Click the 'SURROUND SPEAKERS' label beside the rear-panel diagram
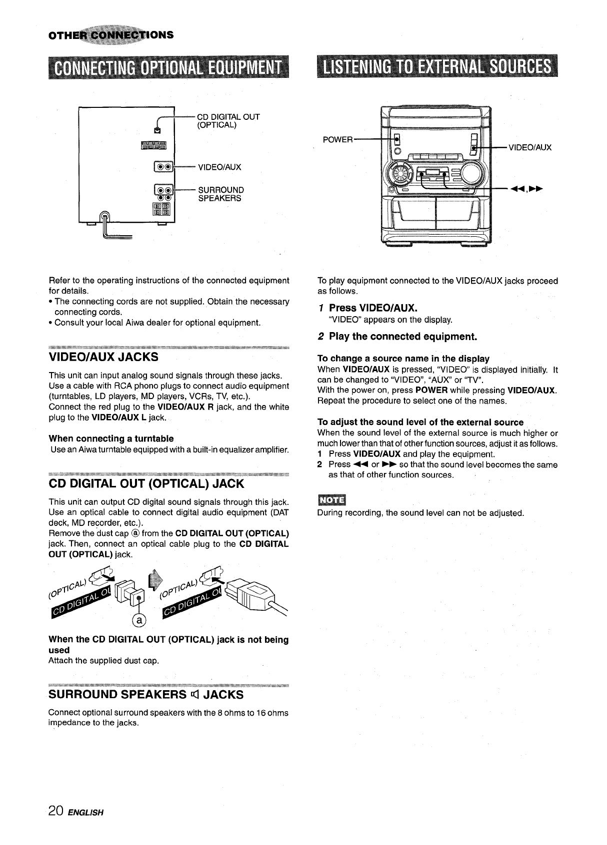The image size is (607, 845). [220, 194]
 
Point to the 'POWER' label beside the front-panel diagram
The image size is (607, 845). [337, 139]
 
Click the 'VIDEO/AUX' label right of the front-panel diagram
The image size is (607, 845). [530, 147]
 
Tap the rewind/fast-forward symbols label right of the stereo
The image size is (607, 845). [527, 189]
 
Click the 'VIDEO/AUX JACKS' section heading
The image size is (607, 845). [103, 357]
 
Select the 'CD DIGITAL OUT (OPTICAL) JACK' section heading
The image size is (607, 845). [146, 483]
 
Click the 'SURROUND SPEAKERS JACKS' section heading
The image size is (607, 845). [146, 695]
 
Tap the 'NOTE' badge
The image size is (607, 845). [329, 499]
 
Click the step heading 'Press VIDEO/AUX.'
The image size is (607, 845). [373, 307]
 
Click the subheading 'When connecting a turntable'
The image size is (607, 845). [111, 438]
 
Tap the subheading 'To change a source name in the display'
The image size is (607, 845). [403, 359]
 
